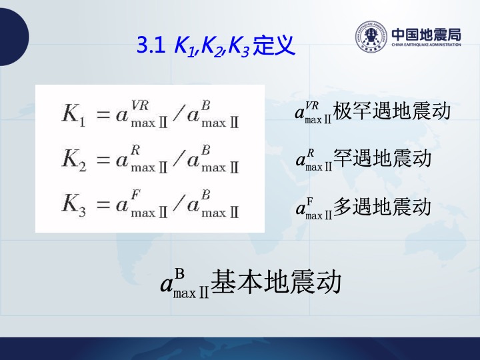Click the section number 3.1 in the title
(x=151, y=45)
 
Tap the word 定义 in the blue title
(x=274, y=45)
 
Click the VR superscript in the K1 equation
(x=140, y=105)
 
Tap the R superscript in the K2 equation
(x=135, y=150)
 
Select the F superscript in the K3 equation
(x=135, y=195)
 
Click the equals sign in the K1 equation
(x=103, y=115)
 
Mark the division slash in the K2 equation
(x=179, y=158)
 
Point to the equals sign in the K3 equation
(x=103, y=205)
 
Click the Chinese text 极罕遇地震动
(x=391, y=111)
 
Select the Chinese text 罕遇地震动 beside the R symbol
(x=382, y=158)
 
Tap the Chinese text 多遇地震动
(x=382, y=207)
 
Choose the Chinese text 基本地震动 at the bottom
(x=276, y=281)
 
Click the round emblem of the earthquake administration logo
(x=371, y=37)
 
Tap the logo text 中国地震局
(x=426, y=35)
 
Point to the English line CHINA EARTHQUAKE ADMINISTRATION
(x=426, y=45)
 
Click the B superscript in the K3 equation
(x=206, y=195)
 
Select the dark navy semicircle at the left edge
(x=14, y=37)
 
